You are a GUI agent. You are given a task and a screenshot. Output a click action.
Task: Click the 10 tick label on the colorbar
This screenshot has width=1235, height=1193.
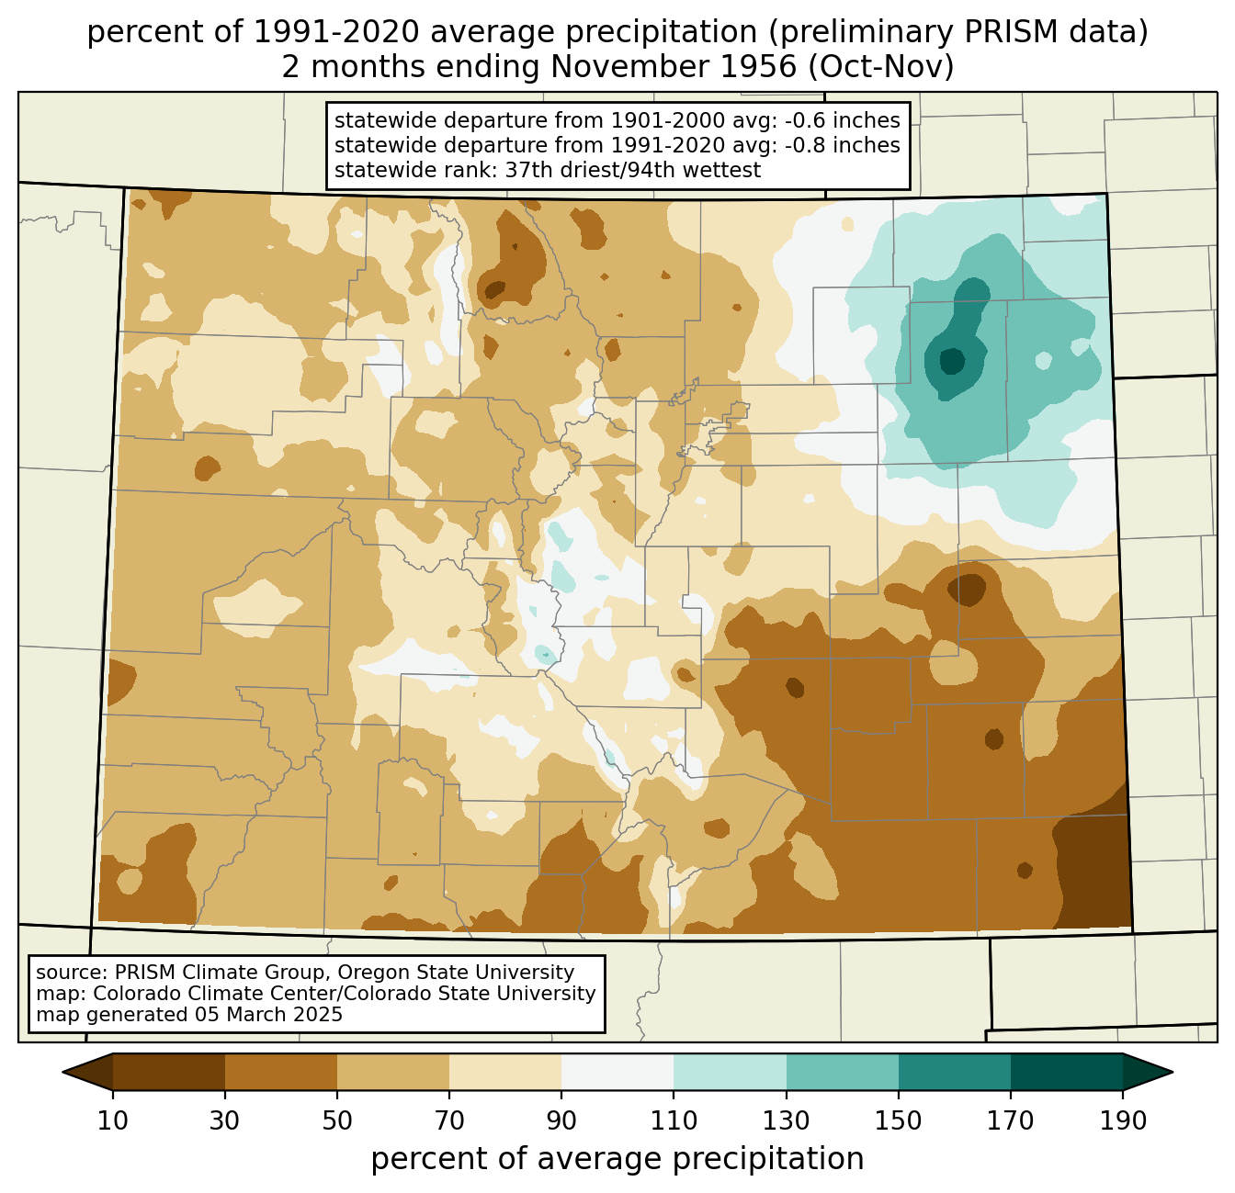[x=112, y=1120]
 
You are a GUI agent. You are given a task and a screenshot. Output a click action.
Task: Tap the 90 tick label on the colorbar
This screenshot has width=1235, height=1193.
[x=561, y=1120]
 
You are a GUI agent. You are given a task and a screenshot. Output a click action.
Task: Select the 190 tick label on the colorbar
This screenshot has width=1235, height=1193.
[x=1123, y=1120]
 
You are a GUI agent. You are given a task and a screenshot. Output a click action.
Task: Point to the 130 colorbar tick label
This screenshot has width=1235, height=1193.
[x=786, y=1120]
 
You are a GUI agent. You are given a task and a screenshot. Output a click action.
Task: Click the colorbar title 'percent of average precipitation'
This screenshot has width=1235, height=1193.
[x=617, y=1159]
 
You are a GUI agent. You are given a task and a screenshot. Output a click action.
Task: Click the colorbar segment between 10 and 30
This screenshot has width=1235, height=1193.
[x=169, y=1072]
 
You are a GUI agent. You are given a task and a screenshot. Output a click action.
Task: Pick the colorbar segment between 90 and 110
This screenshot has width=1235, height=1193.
[x=617, y=1072]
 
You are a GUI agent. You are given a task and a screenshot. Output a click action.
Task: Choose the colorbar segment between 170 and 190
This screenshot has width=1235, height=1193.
[x=1066, y=1072]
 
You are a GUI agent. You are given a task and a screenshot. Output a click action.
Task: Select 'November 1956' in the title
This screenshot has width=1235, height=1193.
[x=673, y=67]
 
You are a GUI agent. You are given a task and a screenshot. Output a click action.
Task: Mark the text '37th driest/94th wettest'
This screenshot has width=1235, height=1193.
[x=633, y=170]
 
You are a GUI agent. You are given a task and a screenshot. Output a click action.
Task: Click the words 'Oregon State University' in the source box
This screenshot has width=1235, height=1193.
[x=455, y=973]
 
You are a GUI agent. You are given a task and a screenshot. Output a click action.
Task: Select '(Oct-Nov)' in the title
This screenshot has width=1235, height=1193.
[x=881, y=67]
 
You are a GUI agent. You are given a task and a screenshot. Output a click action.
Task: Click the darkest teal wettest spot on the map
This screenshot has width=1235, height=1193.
[x=951, y=360]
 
